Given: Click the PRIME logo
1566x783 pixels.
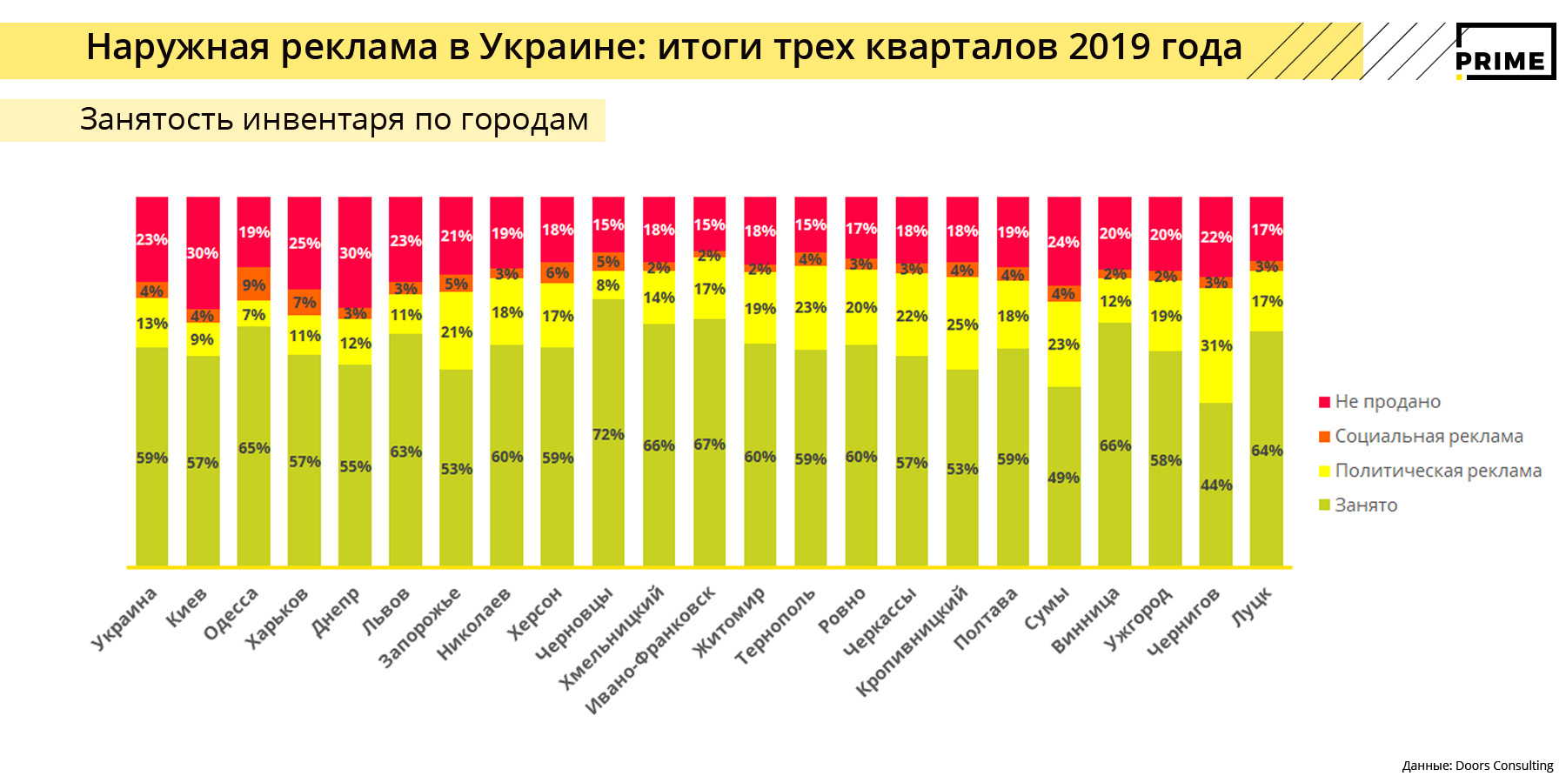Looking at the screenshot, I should (x=1505, y=52).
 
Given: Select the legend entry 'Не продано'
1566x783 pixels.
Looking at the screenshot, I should (x=1388, y=402).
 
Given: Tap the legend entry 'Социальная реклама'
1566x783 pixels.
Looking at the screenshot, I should (x=1429, y=437).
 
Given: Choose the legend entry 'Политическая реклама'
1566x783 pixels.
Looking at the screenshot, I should (x=1437, y=471).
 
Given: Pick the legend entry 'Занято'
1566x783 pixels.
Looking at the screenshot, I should (x=1366, y=505).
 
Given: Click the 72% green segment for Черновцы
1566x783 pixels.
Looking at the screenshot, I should (x=608, y=432).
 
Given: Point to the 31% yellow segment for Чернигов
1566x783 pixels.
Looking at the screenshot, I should (x=1215, y=345).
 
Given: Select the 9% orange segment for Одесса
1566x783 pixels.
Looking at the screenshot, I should (x=254, y=284).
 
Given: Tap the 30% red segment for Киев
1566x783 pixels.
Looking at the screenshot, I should (x=203, y=252).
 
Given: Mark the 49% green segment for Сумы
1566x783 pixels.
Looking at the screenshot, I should (x=1063, y=477).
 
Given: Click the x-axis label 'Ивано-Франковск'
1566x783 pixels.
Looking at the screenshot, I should (x=650, y=651).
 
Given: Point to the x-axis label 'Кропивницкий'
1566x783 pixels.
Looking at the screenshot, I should (x=912, y=641).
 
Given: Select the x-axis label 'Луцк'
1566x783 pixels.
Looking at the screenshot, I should (x=1252, y=606).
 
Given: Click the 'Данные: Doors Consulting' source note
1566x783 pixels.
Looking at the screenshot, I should (x=1477, y=766).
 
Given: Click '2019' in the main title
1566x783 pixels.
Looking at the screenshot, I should (x=1110, y=47).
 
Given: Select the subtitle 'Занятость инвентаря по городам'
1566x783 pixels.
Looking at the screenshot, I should (x=334, y=119).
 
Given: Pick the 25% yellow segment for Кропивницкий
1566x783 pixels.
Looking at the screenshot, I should (x=962, y=324).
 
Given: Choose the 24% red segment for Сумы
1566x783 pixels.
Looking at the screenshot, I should (x=1063, y=241).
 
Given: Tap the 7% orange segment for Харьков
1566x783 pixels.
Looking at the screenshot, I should (x=304, y=302).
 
